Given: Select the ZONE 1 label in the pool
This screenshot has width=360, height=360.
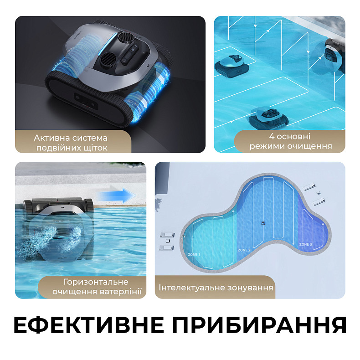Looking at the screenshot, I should pyautogui.click(x=194, y=254).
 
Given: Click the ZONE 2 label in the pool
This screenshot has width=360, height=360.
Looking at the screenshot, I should pyautogui.click(x=244, y=250).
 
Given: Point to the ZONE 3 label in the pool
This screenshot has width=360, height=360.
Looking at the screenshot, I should pyautogui.click(x=305, y=245).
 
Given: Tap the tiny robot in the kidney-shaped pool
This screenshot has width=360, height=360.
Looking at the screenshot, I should pyautogui.click(x=263, y=223).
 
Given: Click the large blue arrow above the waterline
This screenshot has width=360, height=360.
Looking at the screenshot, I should pyautogui.click(x=119, y=195).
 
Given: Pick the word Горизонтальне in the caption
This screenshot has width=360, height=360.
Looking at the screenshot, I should pyautogui.click(x=96, y=282).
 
